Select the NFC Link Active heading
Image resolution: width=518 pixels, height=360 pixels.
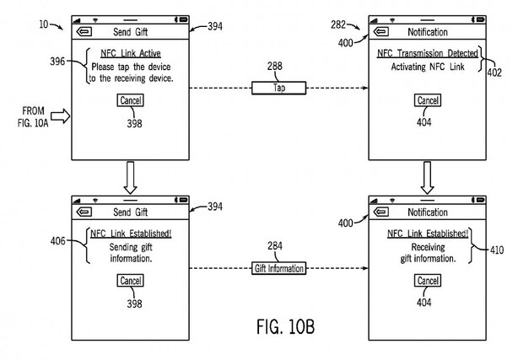pos(131,54)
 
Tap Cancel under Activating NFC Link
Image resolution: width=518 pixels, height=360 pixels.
pos(426,101)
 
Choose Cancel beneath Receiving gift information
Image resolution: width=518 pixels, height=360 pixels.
pos(426,281)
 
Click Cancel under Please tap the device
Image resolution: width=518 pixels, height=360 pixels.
pos(131,101)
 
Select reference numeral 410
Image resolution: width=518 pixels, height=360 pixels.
pos(499,249)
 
